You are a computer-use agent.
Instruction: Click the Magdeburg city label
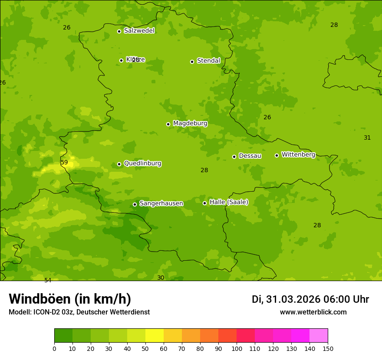click(x=190, y=124)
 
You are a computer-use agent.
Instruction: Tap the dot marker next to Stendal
click(x=192, y=62)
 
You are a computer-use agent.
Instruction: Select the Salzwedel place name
click(x=139, y=31)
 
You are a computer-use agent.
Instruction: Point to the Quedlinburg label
click(x=142, y=164)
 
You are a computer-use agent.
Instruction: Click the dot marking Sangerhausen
click(x=135, y=204)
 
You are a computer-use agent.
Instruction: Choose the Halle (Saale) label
click(x=229, y=202)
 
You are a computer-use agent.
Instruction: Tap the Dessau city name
click(x=250, y=156)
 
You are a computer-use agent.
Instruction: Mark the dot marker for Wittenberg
click(x=277, y=155)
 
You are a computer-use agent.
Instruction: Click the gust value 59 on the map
click(x=64, y=163)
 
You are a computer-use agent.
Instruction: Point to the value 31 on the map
click(x=367, y=137)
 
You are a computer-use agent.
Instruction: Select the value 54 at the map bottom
click(x=48, y=280)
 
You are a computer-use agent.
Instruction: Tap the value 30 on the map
click(x=161, y=278)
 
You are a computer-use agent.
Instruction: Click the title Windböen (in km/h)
click(x=70, y=299)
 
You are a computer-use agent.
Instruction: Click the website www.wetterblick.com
click(x=313, y=312)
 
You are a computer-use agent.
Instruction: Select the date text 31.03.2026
click(x=293, y=299)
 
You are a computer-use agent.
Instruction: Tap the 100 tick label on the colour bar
click(x=237, y=348)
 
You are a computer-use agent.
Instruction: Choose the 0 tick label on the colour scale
click(x=54, y=348)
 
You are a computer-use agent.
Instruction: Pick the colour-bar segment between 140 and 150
click(x=319, y=336)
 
